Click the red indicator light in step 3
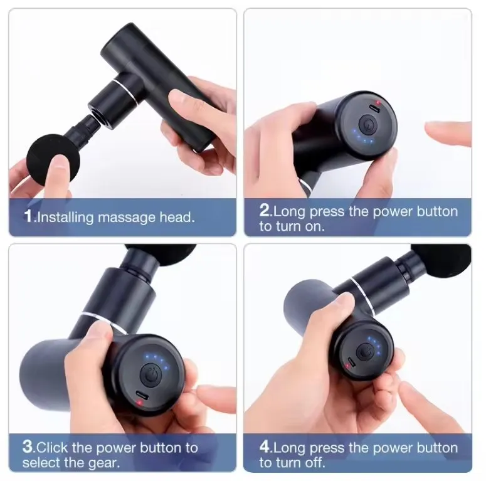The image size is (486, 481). pos(139,402)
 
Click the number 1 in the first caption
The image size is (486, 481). pos(28,217)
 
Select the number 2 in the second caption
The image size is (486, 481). pos(265,210)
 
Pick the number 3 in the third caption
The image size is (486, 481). pos(28,447)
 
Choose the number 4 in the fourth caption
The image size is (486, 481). pos(265,447)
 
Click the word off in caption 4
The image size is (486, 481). pos(316,463)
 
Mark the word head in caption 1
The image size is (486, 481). pos(177,218)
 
